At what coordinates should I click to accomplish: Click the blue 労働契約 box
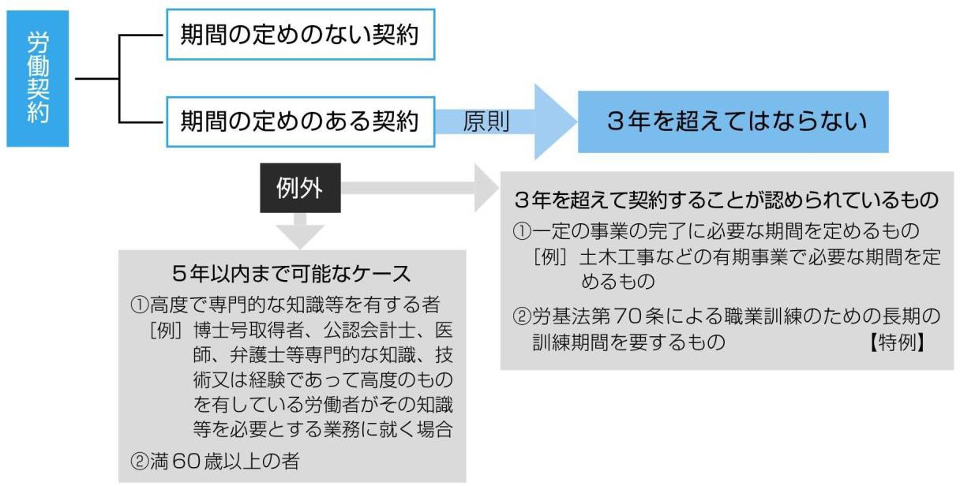pos(37,79)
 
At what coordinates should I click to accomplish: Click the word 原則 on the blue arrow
pos(486,122)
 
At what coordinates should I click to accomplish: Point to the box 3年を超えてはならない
pos(736,121)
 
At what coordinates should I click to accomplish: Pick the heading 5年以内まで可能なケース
pos(291,274)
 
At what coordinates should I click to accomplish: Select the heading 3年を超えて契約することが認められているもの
pos(726,200)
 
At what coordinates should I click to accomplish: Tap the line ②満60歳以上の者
pos(214,461)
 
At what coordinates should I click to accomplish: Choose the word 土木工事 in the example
pos(609,258)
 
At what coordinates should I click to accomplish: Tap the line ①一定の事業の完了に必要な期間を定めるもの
pos(717,231)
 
